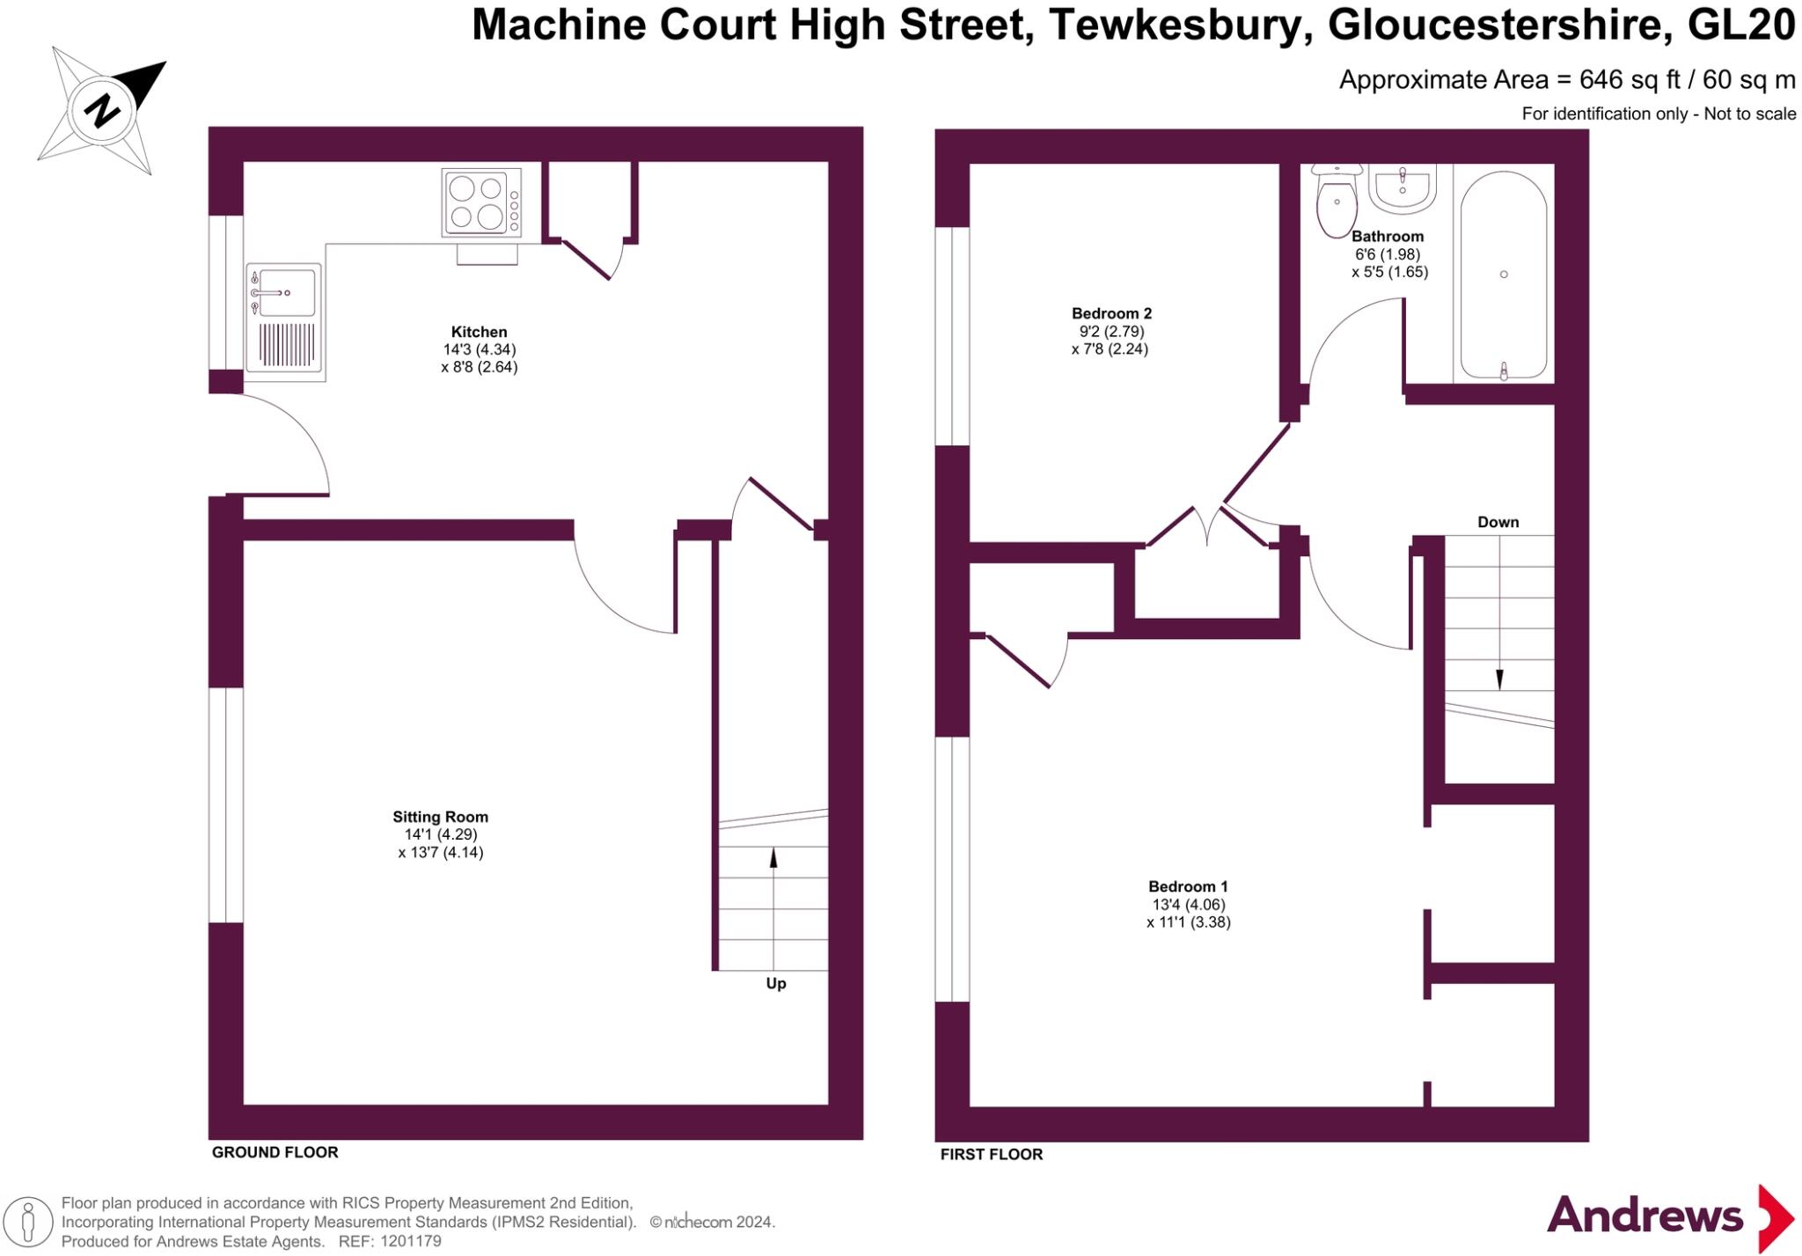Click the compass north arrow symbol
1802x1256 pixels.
click(x=102, y=110)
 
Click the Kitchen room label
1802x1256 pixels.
click(x=479, y=332)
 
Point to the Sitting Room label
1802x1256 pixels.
click(x=440, y=817)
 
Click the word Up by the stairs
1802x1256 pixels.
click(x=775, y=984)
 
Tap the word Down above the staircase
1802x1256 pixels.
click(x=1498, y=522)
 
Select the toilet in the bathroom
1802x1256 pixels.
click(x=1337, y=202)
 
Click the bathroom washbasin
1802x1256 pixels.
click(x=1403, y=187)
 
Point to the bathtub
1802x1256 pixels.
click(x=1504, y=275)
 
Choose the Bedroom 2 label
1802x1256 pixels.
click(x=1111, y=313)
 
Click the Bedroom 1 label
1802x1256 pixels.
click(x=1188, y=886)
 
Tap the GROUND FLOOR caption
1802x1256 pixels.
click(x=275, y=1152)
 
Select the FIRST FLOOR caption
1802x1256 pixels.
click(x=991, y=1154)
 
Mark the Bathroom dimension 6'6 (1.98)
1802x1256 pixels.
click(x=1388, y=254)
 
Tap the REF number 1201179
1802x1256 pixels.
click(x=407, y=1241)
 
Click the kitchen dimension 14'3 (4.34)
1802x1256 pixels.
click(x=479, y=349)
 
